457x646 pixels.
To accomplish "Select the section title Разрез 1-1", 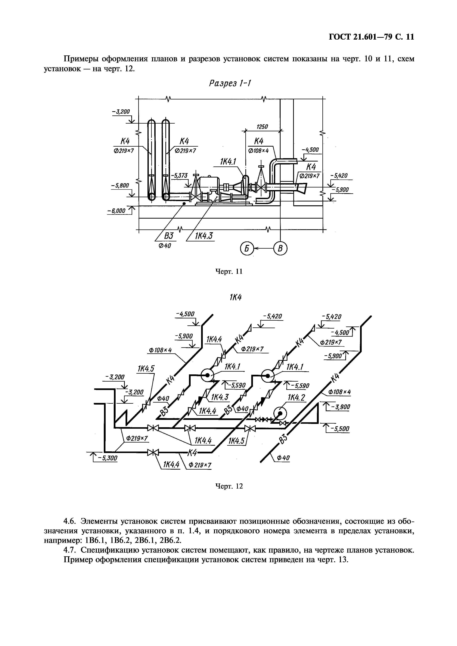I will [230, 84].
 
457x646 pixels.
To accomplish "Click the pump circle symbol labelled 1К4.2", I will [280, 413].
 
